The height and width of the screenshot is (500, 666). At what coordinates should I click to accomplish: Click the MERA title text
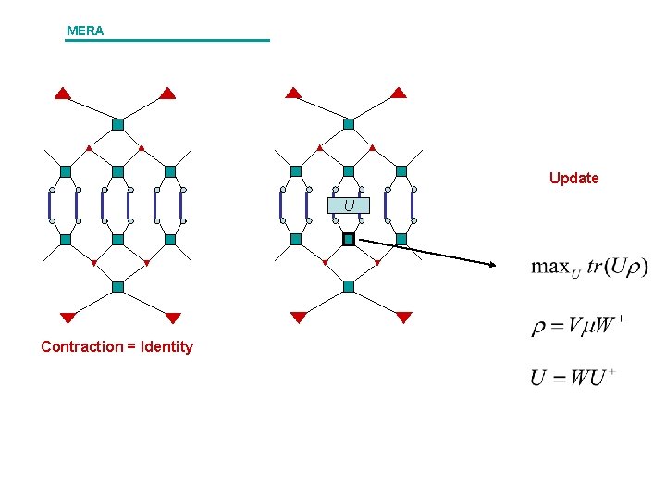click(85, 31)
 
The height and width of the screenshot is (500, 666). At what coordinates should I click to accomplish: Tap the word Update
click(573, 178)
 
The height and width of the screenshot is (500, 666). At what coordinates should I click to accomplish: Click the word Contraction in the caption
click(81, 347)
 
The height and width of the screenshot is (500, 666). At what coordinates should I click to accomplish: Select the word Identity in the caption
click(165, 347)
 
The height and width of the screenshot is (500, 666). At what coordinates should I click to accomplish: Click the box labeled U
click(349, 206)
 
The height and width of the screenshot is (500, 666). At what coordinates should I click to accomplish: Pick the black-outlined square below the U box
click(349, 239)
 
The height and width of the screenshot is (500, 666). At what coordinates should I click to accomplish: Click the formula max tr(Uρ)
click(589, 268)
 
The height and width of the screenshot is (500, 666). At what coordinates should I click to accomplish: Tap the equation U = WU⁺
click(573, 378)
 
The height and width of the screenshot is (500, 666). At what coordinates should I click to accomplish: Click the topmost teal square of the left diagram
click(117, 124)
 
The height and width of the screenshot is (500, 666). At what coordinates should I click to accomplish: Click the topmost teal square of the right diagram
click(349, 124)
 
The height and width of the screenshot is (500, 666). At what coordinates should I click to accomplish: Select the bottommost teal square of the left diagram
click(117, 286)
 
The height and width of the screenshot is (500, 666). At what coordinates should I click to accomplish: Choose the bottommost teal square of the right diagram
click(349, 286)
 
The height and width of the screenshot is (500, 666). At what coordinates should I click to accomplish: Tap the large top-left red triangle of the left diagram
click(62, 93)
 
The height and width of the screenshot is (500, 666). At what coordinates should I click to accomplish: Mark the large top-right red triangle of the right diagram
click(398, 93)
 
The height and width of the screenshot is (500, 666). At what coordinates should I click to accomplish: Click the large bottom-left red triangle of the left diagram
click(68, 318)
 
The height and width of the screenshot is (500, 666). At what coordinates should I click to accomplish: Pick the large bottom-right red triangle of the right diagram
click(403, 318)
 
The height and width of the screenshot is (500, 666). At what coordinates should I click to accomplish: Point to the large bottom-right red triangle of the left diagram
click(173, 318)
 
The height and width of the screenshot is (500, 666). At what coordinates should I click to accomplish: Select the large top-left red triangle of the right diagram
click(293, 93)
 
